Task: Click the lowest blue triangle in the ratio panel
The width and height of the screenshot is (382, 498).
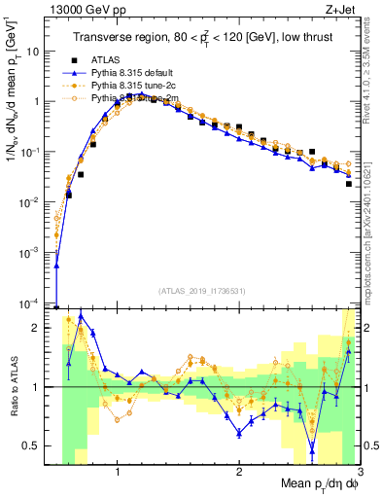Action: (x=312, y=448)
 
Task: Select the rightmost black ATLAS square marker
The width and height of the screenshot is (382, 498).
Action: (x=348, y=183)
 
